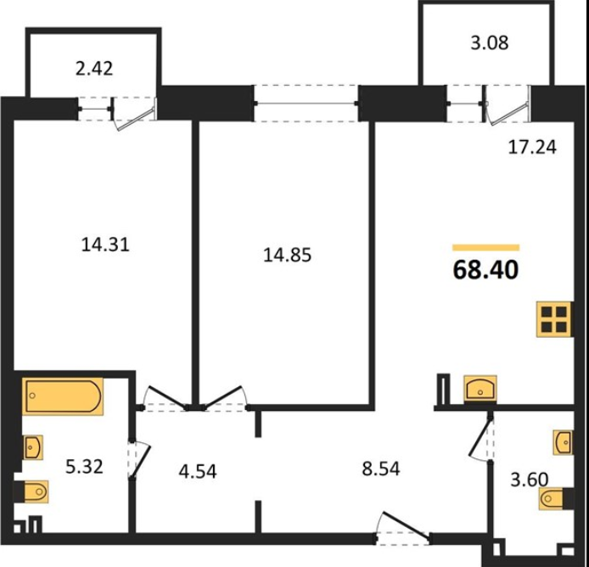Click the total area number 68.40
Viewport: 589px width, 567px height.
(485, 270)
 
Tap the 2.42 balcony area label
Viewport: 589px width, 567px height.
(94, 69)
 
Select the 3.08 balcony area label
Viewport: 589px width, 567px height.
(490, 42)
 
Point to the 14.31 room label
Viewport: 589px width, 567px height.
(105, 245)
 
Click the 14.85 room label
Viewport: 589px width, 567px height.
(288, 255)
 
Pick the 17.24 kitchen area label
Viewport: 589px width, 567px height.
(532, 147)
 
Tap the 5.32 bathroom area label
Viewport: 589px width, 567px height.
(84, 467)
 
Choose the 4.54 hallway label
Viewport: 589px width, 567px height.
(198, 472)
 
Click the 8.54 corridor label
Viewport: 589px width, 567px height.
(381, 469)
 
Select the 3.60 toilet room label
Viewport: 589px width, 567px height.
(530, 480)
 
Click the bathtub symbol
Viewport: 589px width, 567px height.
(63, 396)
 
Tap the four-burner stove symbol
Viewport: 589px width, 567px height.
(554, 319)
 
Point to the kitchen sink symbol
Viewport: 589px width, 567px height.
(480, 389)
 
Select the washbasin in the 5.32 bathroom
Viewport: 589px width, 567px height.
(33, 447)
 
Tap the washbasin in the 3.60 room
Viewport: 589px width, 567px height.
(563, 442)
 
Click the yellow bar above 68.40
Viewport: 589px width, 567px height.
(486, 247)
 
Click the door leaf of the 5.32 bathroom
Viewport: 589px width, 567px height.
(141, 462)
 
